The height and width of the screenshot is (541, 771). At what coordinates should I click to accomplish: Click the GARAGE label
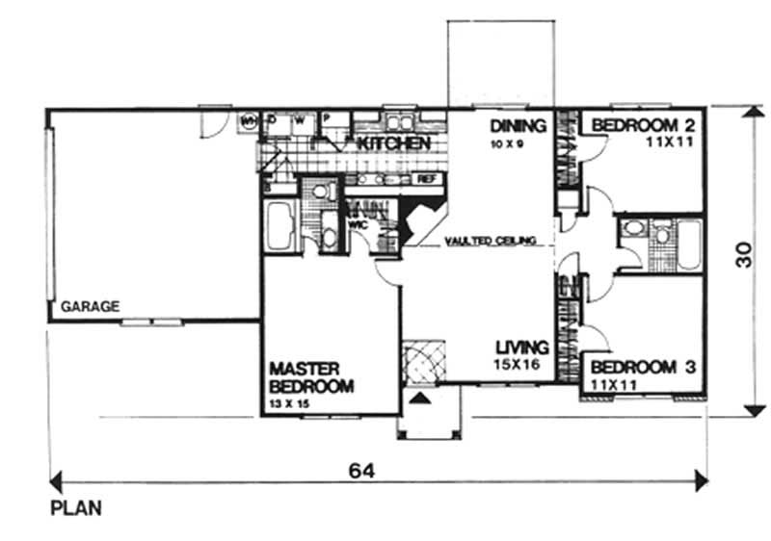coord(91,307)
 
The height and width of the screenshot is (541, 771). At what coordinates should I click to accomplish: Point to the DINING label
coord(518,125)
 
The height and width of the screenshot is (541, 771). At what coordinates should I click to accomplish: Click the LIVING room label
coord(522,348)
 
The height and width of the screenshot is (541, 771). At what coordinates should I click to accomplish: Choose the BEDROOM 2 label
coord(644,125)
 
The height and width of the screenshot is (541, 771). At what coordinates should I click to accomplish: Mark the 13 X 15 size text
coord(289,404)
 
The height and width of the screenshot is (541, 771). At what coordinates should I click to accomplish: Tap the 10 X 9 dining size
coord(505,142)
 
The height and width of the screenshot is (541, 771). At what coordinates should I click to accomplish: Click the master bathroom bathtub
coord(280,226)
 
